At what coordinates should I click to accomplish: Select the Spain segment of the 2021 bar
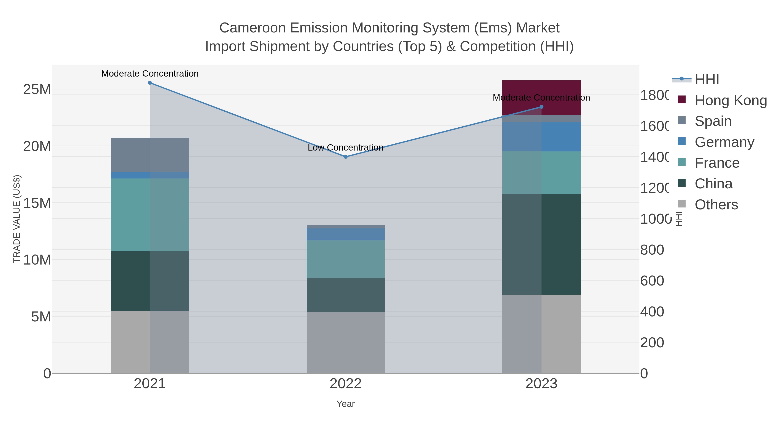tap(150, 155)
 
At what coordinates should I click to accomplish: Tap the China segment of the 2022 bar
tap(345, 295)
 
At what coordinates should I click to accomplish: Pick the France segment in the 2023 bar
tap(541, 172)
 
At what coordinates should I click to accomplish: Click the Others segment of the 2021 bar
tap(150, 342)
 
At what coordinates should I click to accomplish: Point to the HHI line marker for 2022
tap(346, 157)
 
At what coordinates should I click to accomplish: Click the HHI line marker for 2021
tap(150, 83)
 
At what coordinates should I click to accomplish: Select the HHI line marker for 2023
tap(541, 107)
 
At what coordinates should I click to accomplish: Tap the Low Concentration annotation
tap(345, 148)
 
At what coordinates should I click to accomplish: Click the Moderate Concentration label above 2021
tap(150, 74)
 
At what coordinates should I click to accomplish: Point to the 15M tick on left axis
tap(37, 203)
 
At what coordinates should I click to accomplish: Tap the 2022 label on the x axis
tap(345, 383)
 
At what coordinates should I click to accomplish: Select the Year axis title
tap(345, 404)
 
